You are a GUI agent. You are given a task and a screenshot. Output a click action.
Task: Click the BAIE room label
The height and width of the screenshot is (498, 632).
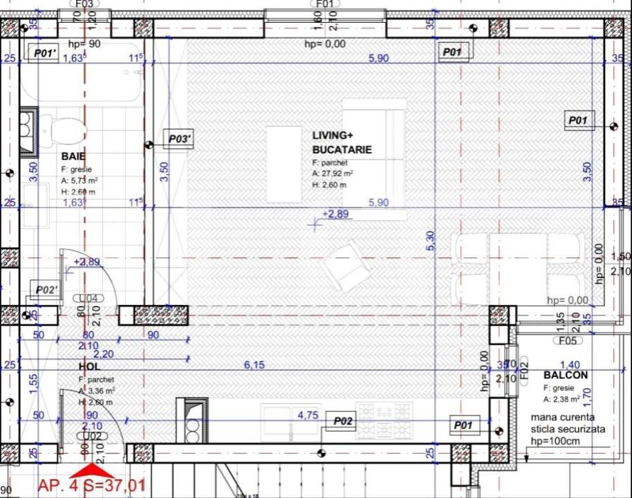tap(73, 156)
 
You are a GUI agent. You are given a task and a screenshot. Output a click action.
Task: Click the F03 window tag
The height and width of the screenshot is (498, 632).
tap(84, 3)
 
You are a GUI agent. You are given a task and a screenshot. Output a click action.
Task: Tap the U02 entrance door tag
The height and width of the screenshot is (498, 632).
tap(92, 436)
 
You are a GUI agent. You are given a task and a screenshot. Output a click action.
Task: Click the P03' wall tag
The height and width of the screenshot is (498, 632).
tap(180, 140)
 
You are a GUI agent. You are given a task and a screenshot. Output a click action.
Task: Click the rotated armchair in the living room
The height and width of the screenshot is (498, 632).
tap(348, 268)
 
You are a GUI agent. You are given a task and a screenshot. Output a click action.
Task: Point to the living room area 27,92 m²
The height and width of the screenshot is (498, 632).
tap(333, 174)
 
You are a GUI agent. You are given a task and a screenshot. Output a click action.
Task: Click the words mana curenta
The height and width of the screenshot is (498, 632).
tap(562, 418)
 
